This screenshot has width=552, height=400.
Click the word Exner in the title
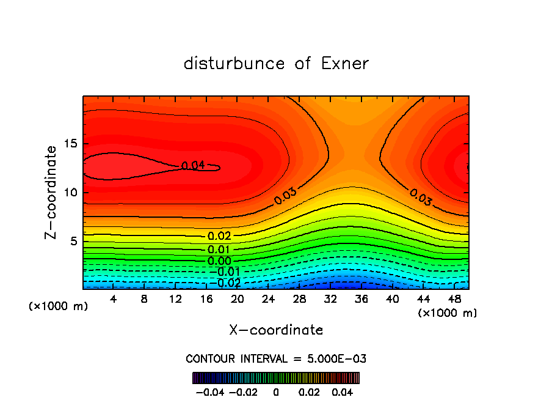(345, 64)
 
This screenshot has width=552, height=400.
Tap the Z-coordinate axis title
(51, 192)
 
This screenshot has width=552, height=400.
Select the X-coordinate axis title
(276, 330)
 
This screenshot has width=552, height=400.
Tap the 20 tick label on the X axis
(238, 299)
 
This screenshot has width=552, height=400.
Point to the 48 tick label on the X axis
(454, 299)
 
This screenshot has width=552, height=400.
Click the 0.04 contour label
(193, 165)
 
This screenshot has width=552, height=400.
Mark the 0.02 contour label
(219, 237)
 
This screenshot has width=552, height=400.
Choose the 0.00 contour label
(219, 261)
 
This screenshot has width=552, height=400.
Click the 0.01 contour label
(219, 250)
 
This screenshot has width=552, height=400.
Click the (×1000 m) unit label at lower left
(59, 306)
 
